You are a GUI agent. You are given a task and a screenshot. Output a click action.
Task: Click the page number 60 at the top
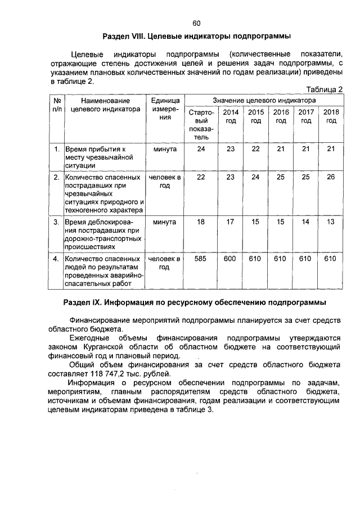click(196, 24)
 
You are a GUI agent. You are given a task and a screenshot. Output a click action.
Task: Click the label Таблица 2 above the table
click(323, 89)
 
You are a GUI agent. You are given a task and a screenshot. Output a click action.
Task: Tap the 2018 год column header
click(331, 116)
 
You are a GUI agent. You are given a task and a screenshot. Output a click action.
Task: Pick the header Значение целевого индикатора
click(264, 100)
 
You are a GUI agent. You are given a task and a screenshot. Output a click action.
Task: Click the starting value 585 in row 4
click(200, 259)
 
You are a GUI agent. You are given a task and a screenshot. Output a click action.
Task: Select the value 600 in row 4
click(230, 259)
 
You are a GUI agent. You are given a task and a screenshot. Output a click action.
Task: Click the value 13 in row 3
click(331, 222)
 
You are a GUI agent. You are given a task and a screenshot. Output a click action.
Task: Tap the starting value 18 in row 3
click(200, 222)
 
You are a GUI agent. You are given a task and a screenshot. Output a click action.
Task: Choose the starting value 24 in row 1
click(200, 149)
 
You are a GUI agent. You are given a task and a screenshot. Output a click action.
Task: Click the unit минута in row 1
click(164, 149)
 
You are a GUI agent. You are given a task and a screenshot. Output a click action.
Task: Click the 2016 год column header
click(281, 116)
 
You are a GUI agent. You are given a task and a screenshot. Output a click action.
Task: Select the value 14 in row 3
click(306, 222)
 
